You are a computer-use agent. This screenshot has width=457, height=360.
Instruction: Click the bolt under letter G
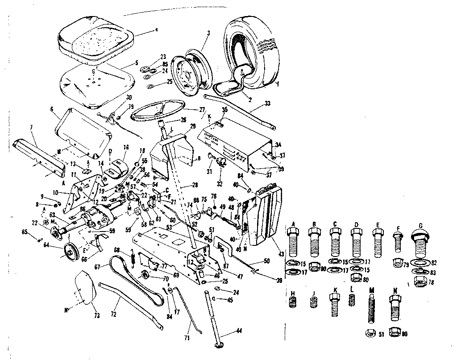419,244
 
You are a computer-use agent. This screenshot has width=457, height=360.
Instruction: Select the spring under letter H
293,302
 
